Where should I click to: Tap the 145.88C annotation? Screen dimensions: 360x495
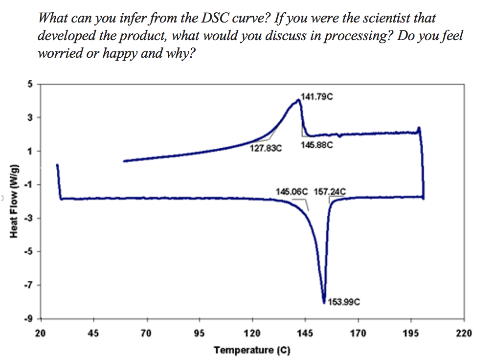(x=317, y=145)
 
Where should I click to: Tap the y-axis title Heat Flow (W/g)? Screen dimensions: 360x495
(x=13, y=201)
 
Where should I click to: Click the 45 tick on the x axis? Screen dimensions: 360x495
(x=93, y=334)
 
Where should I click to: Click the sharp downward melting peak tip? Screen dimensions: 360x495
(x=324, y=302)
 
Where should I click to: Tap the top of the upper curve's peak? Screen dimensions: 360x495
(x=298, y=100)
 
